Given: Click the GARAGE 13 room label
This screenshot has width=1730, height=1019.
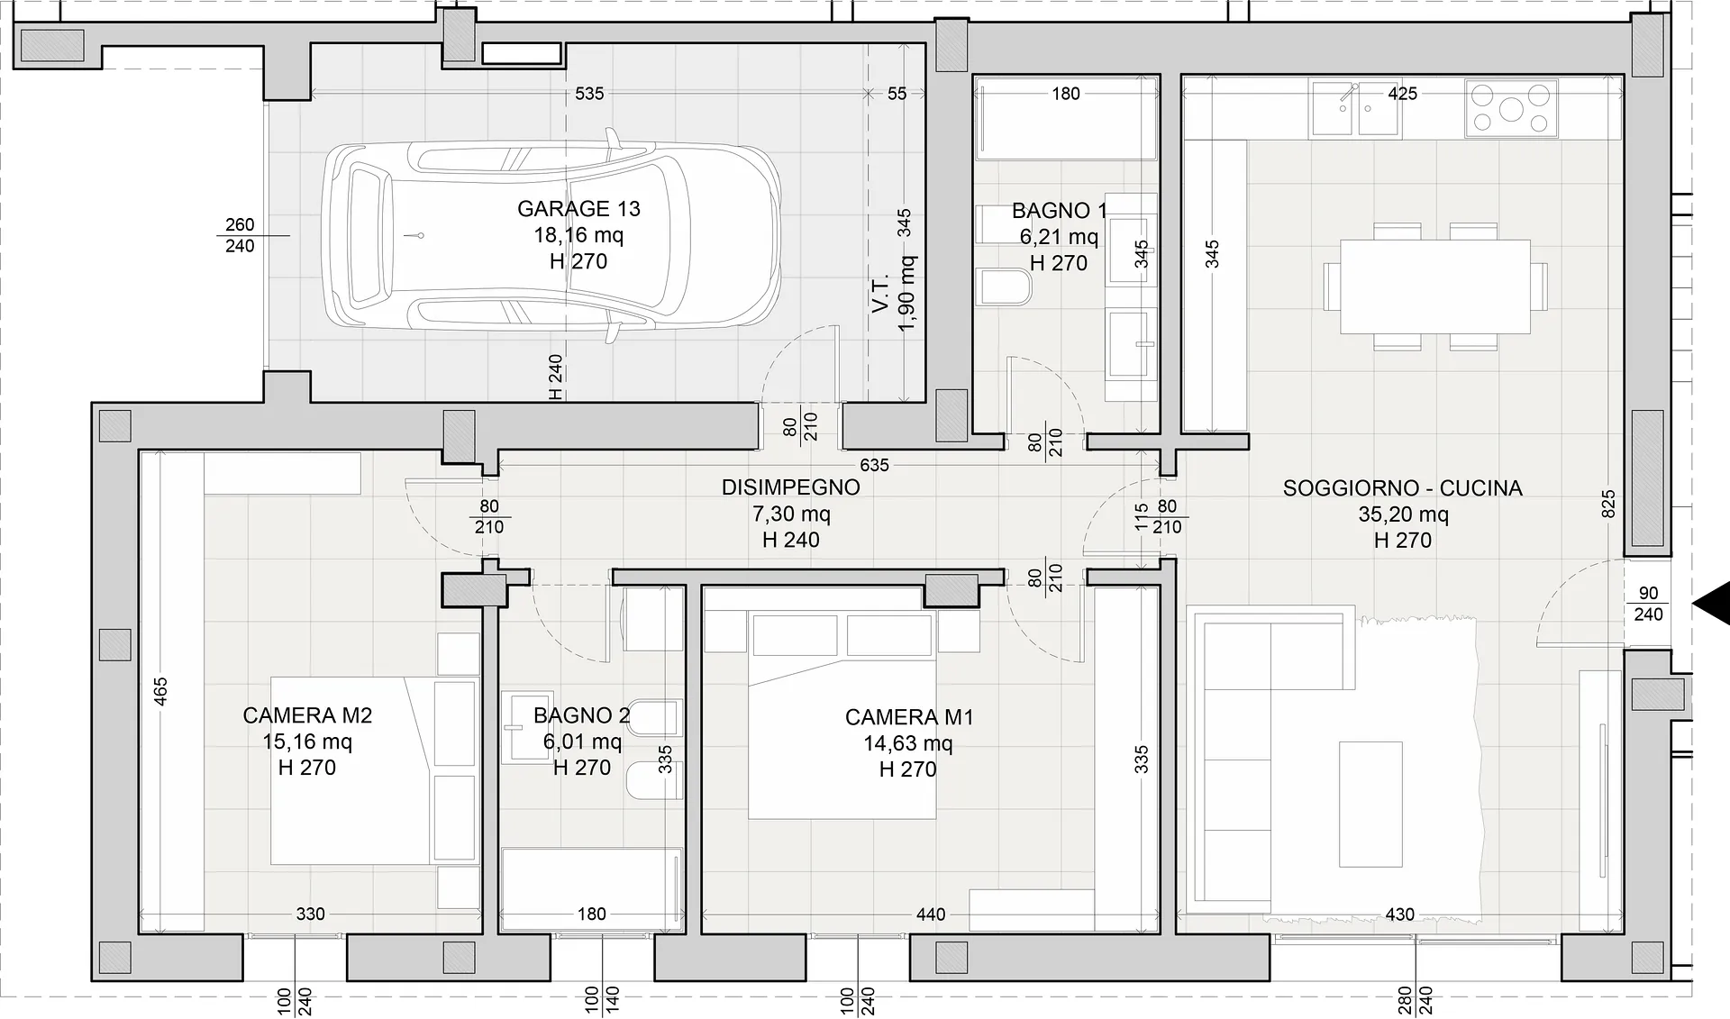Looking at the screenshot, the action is (578, 209).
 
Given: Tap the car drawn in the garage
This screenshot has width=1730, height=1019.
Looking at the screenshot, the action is (551, 236).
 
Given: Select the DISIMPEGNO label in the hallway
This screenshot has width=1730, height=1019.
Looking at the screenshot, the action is (790, 487).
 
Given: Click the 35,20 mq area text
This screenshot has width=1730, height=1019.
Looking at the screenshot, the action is (1403, 514).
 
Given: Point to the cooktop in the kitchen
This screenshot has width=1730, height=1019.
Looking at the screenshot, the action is (1511, 109).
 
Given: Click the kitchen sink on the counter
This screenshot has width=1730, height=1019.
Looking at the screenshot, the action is (1355, 109).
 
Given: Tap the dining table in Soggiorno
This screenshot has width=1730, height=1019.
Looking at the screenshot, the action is (1434, 286).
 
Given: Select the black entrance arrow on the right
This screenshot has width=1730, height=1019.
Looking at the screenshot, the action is (1713, 604).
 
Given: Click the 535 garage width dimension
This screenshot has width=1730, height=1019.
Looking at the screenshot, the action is (589, 94).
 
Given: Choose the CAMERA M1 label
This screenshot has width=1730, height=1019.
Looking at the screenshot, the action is (909, 717).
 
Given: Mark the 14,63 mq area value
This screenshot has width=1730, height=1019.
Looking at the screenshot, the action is (908, 743).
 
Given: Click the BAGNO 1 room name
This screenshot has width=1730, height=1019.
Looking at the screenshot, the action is (1059, 211).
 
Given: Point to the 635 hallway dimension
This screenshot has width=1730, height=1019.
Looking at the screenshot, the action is (874, 465).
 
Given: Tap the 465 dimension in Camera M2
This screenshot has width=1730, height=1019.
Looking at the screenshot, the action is (160, 691).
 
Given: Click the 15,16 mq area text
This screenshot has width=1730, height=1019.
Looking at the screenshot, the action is (307, 742).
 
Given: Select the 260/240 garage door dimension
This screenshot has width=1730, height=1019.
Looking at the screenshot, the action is (240, 235).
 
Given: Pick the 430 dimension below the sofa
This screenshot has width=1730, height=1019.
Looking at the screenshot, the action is (1399, 914).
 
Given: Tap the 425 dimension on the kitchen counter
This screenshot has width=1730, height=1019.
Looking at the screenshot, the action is (1403, 94).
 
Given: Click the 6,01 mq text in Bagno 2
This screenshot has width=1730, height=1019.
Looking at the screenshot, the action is (582, 742).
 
